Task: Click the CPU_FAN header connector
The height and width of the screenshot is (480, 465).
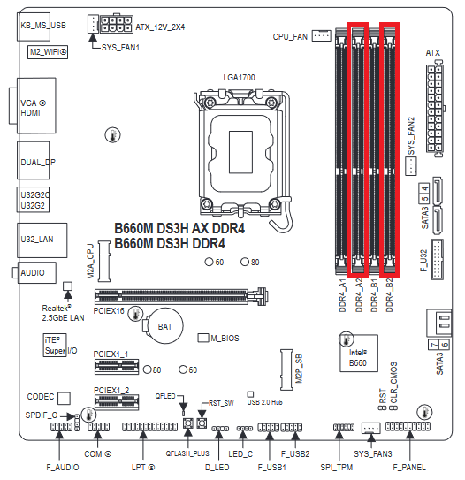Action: point(321,35)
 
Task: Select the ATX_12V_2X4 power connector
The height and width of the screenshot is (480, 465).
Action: point(117,24)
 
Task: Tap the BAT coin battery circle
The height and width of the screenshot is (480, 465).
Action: point(166,326)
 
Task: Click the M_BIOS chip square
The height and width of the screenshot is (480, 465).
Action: point(202,338)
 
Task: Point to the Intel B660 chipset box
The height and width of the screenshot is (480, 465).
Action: point(358,354)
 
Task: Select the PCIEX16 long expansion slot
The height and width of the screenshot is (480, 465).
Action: point(180,296)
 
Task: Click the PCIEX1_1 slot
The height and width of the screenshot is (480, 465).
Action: point(117,367)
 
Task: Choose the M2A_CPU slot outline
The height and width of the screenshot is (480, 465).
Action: point(104,261)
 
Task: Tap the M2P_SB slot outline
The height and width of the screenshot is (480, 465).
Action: point(286,370)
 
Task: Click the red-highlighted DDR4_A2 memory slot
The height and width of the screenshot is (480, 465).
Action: point(357,149)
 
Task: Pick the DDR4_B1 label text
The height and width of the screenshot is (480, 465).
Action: point(374,295)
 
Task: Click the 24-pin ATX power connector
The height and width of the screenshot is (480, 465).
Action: point(435,109)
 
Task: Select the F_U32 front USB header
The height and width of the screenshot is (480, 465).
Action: point(437,259)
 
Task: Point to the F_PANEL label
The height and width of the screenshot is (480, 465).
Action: point(409,468)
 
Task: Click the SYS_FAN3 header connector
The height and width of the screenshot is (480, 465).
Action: point(371,428)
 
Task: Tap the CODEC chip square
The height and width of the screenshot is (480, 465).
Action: point(64,399)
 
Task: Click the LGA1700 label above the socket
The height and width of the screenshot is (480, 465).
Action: point(239,78)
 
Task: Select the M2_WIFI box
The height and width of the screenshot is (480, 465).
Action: point(48,52)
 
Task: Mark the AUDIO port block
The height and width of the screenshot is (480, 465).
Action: point(37,272)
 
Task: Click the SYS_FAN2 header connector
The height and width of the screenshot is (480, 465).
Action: point(411,166)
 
